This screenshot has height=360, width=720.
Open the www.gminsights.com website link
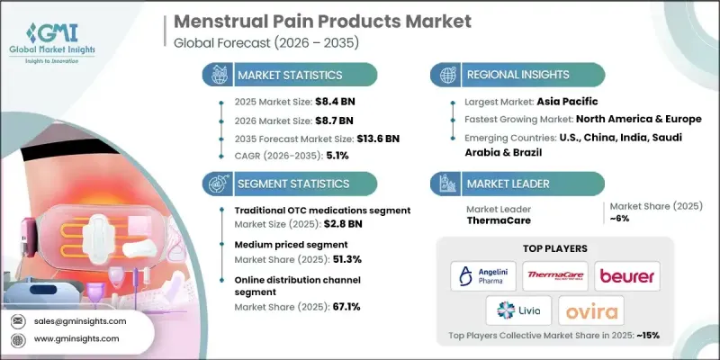(78, 338)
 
